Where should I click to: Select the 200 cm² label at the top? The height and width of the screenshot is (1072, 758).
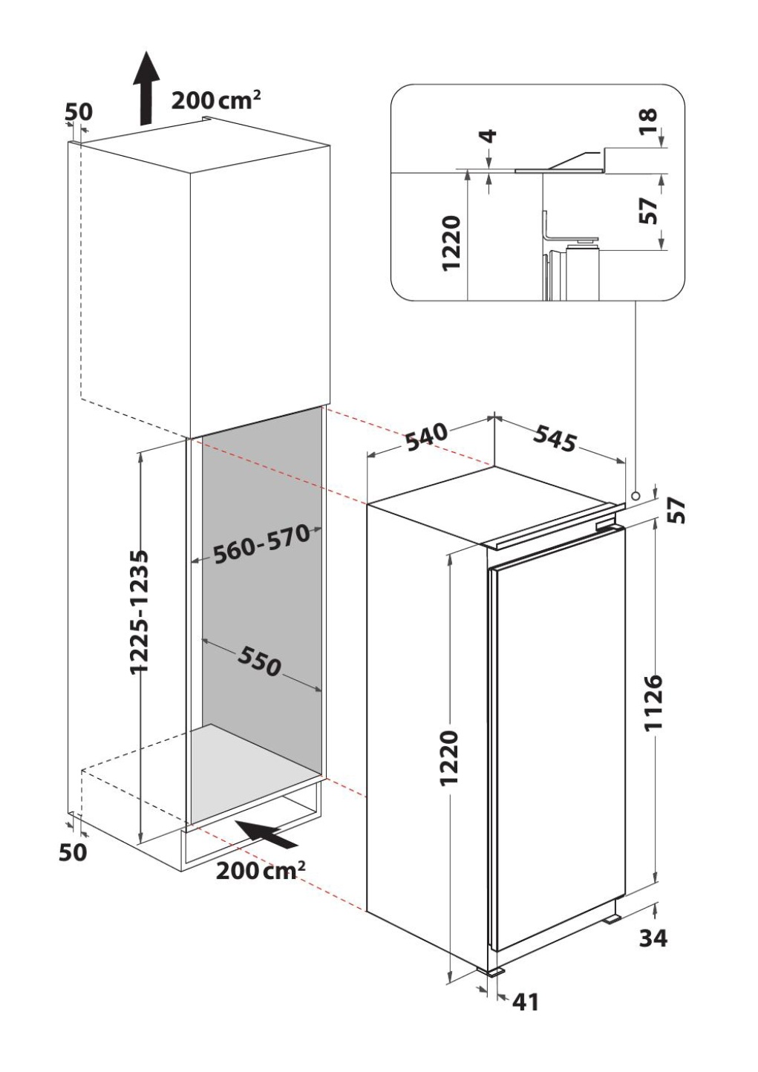216,100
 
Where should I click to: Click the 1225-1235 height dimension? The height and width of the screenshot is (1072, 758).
139,611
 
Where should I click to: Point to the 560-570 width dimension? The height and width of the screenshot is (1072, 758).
260,545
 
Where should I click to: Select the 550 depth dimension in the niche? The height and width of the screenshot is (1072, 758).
260,661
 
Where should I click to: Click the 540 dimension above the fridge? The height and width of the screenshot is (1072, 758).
427,437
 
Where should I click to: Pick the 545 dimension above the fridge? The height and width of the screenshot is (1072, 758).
555,439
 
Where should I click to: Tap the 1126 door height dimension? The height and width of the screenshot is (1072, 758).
653,702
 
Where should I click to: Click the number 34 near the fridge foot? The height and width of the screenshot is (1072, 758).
653,938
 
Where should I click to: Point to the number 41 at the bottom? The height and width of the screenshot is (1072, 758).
525,1002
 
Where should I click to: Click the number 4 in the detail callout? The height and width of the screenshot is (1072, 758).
488,136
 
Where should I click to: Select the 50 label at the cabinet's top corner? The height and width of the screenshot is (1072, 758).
79,112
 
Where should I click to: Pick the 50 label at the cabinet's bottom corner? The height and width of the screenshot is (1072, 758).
73,852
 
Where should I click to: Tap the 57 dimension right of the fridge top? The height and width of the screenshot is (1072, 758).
677,511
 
